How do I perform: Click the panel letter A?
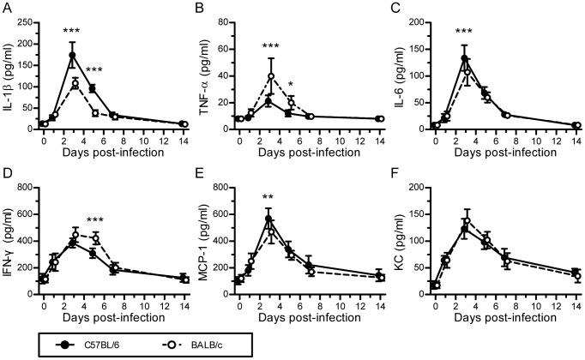[7, 8]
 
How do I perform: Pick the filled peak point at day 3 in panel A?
[72, 56]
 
